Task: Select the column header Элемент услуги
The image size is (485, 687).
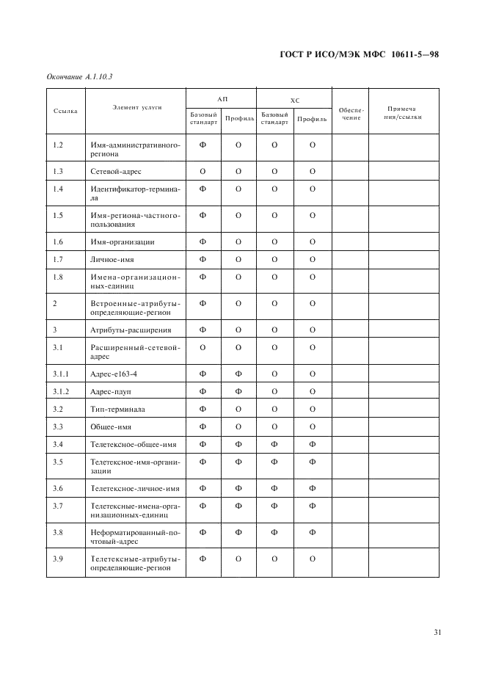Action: click(136, 108)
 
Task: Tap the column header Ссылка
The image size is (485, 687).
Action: click(65, 111)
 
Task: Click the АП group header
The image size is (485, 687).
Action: click(222, 98)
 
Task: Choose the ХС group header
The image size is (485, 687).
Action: click(294, 98)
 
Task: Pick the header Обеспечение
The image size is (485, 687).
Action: click(350, 114)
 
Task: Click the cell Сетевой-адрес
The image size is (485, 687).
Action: click(116, 171)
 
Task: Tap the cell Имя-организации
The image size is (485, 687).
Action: click(122, 241)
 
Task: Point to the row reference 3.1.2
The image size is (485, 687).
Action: click(61, 391)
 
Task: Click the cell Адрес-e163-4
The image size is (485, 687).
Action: click(114, 374)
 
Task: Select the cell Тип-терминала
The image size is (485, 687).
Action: click(117, 409)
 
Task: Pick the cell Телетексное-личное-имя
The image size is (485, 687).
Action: click(134, 488)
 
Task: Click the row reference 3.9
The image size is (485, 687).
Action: click(58, 559)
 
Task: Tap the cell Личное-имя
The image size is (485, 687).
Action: click(112, 259)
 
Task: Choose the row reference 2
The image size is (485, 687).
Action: click(55, 302)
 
